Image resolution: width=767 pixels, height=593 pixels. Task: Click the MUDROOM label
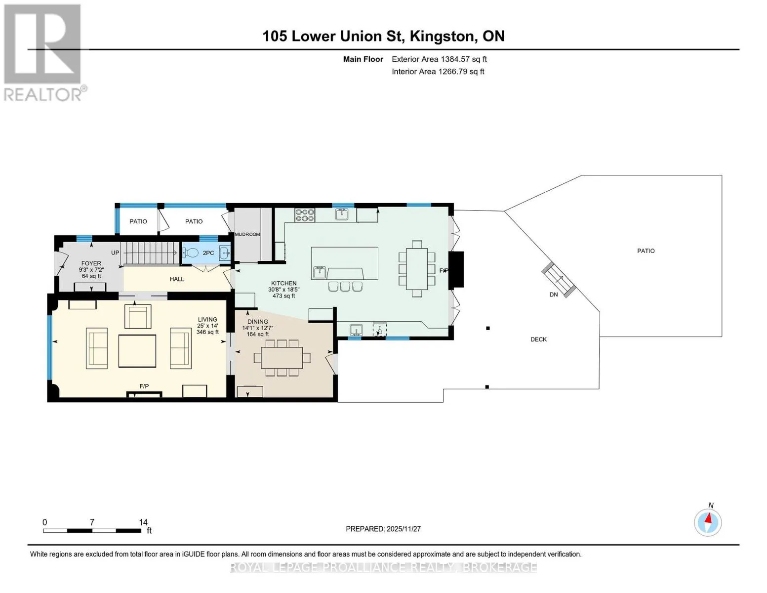247,234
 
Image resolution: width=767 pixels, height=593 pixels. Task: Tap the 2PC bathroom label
208,253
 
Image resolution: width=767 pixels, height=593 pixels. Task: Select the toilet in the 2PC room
191,253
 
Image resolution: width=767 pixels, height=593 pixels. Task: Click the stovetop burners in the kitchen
305,215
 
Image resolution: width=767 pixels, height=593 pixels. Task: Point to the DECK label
538,339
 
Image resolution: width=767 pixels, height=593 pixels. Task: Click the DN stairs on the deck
559,279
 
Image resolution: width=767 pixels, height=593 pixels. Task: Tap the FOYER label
91,263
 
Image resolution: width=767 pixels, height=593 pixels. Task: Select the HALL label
177,279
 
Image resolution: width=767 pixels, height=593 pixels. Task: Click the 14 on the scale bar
143,522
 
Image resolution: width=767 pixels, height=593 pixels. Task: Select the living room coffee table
137,351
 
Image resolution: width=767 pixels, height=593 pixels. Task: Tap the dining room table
282,357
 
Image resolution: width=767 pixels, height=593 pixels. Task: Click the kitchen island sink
320,272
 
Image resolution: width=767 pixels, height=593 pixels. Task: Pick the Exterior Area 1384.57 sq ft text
439,59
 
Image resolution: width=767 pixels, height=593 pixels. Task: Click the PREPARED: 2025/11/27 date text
383,529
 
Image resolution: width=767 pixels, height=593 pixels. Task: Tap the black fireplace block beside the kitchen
456,270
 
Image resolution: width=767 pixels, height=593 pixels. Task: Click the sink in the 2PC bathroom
225,253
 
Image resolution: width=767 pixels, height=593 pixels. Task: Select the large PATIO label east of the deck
646,251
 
